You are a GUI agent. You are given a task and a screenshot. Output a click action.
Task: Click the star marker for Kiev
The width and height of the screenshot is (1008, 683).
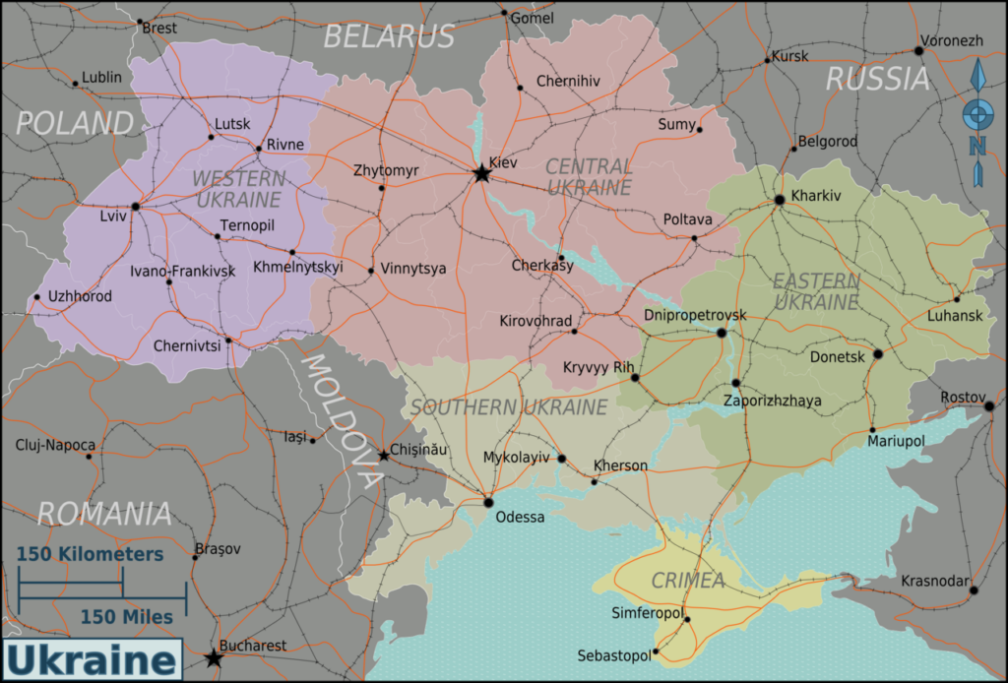tap(481, 174)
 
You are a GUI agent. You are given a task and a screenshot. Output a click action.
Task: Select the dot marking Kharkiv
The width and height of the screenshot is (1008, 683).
tap(780, 200)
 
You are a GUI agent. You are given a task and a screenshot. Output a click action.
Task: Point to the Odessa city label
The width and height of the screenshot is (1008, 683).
tap(520, 518)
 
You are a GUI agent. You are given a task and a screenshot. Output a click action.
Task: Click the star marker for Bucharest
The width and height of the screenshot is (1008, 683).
tap(214, 658)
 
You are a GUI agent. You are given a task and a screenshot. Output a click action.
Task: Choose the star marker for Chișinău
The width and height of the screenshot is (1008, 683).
tap(384, 456)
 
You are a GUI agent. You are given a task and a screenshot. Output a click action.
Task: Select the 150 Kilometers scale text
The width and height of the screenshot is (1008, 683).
tap(91, 555)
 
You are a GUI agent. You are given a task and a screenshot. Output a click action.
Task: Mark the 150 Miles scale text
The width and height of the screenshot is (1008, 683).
tap(126, 617)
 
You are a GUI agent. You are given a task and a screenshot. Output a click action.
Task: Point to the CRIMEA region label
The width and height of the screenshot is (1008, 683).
tap(688, 581)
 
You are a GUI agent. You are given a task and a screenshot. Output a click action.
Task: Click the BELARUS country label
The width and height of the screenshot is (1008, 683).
tap(389, 36)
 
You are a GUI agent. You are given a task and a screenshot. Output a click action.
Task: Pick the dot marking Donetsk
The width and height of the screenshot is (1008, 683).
tap(877, 354)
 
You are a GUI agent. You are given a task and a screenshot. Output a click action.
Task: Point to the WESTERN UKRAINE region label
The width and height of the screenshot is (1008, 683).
tap(239, 189)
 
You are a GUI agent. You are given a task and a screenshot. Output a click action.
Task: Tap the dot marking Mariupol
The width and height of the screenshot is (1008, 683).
tap(872, 429)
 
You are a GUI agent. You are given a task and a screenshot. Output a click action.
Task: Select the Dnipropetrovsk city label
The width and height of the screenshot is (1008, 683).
tap(695, 315)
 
